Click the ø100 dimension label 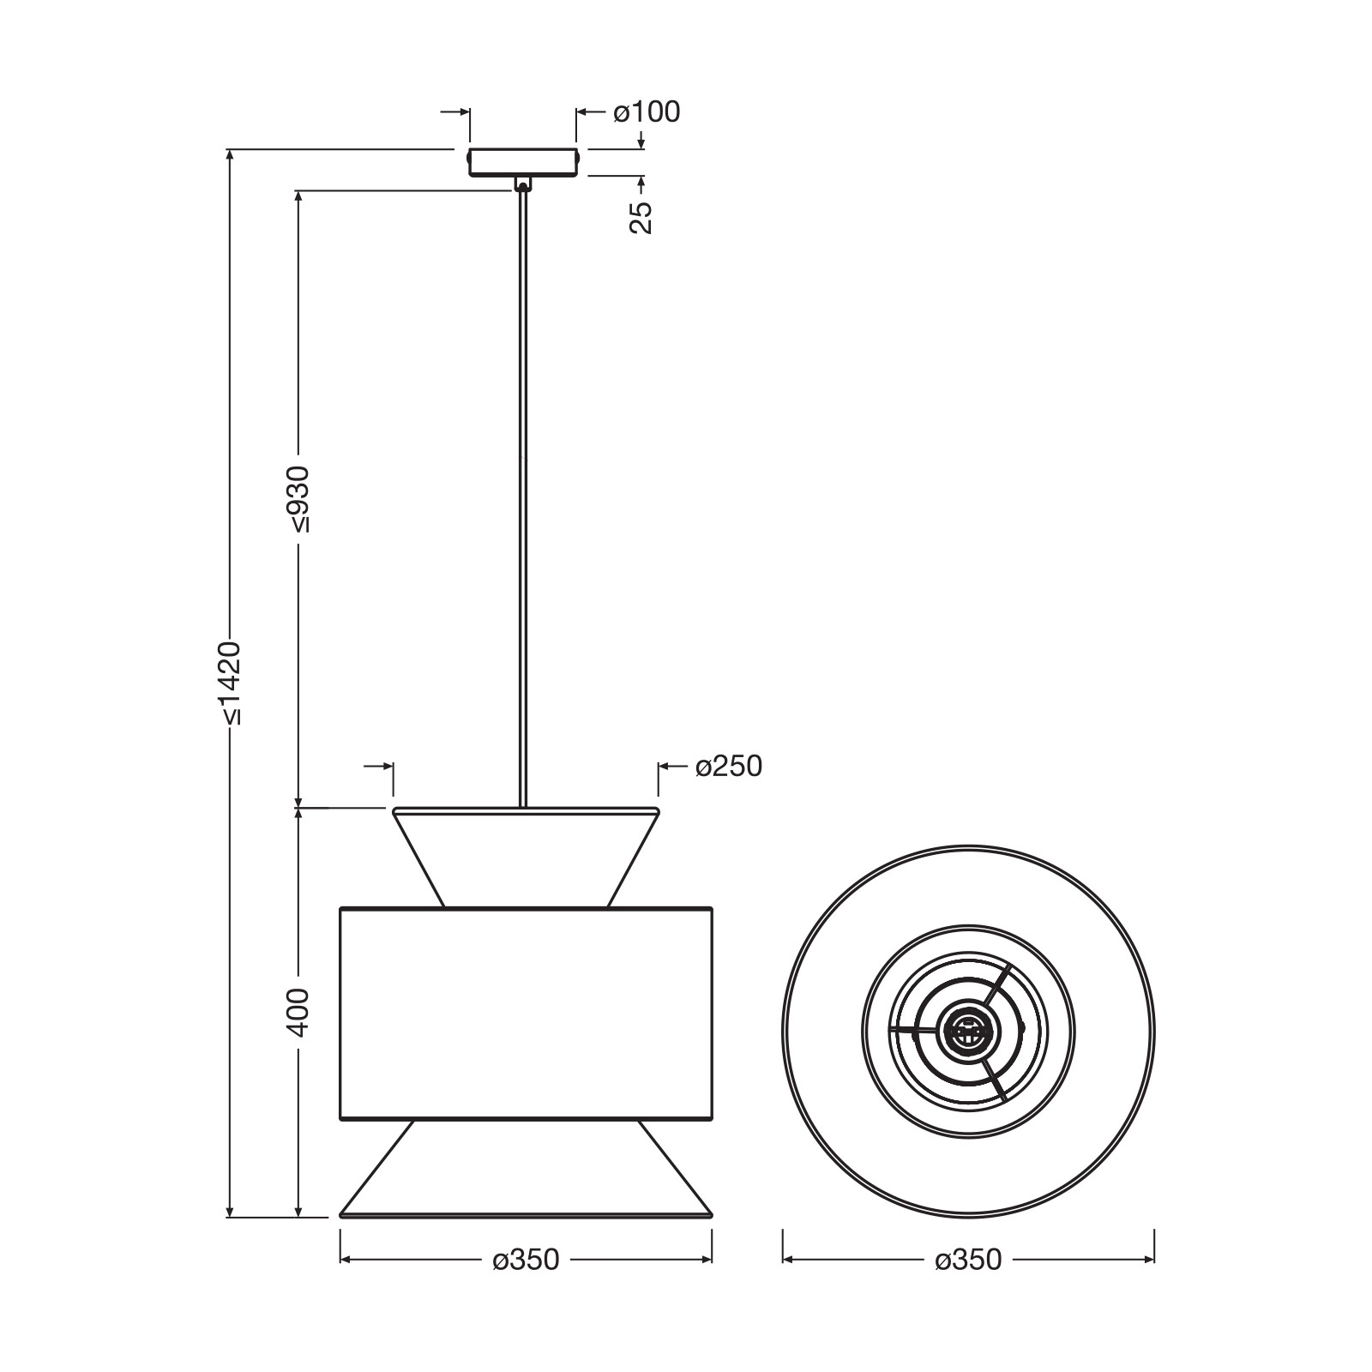pyautogui.click(x=647, y=111)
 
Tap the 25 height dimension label pyautogui.click(x=641, y=218)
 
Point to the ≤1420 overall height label pyautogui.click(x=230, y=683)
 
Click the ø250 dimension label pyautogui.click(x=729, y=766)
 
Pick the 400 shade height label pyautogui.click(x=298, y=1013)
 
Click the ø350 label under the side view pyautogui.click(x=526, y=1260)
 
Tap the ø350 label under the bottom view pyautogui.click(x=968, y=1260)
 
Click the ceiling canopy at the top pyautogui.click(x=523, y=162)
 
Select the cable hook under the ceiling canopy pyautogui.click(x=522, y=184)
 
